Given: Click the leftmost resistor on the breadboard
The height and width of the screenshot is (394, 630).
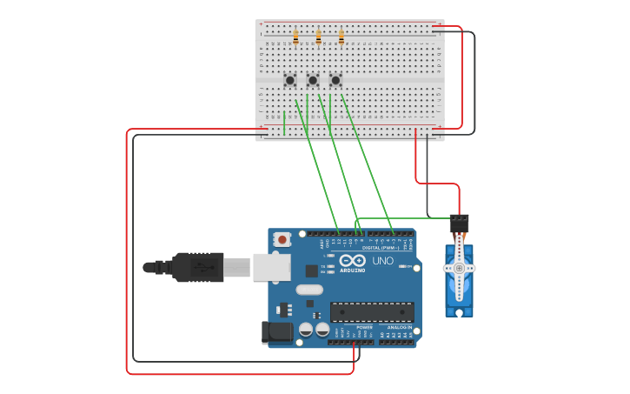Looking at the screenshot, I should click(x=295, y=37).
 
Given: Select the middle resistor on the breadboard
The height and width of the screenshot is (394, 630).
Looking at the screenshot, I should click(x=318, y=37).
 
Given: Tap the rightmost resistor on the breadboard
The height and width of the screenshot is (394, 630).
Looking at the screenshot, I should click(x=341, y=37).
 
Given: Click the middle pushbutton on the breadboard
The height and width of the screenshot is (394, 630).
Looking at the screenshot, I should click(x=313, y=80).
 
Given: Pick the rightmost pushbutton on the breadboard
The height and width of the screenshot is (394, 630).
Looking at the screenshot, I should click(x=335, y=80).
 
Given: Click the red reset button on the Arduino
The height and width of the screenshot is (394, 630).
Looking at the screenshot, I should click(x=282, y=239).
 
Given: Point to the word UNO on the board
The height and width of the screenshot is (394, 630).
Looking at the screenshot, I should click(x=382, y=261).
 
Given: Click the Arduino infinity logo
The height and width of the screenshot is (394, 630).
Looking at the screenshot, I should click(x=353, y=261).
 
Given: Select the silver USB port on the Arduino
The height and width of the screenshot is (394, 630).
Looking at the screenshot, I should click(x=271, y=267).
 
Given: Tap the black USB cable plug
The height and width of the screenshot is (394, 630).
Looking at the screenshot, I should click(x=198, y=267).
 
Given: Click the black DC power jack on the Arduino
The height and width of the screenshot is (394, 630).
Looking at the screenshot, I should click(x=276, y=331).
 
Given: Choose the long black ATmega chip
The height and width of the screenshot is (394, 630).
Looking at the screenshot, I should click(x=371, y=312).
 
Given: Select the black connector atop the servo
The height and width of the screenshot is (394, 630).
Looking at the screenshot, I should click(x=459, y=223).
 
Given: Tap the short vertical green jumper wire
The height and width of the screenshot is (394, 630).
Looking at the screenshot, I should click(x=284, y=123).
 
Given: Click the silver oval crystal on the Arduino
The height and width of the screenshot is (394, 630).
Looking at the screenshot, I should click(x=308, y=290).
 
